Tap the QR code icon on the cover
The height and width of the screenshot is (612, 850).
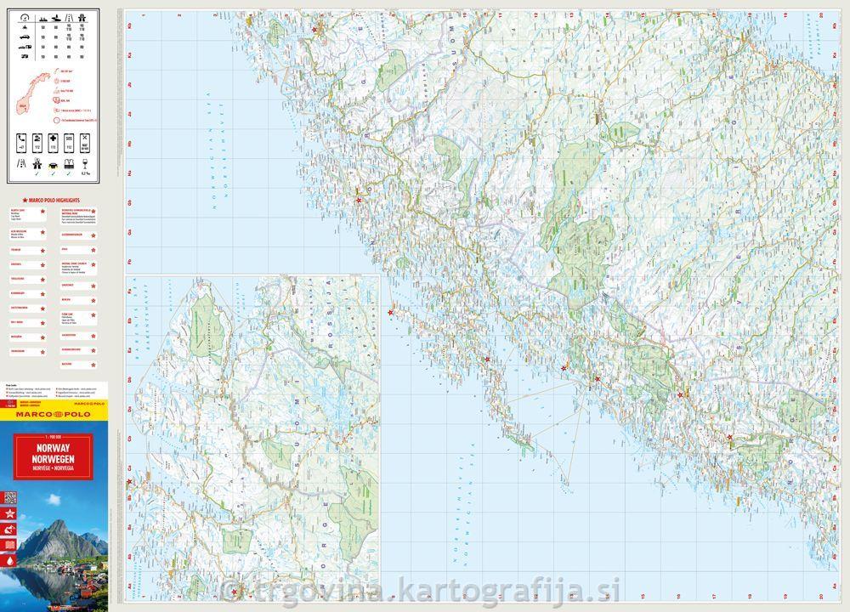coord(10,529)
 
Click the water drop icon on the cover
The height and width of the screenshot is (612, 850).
coord(10,561)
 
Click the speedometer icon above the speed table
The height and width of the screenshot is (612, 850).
coord(23,18)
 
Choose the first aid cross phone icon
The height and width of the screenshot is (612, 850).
coord(54,142)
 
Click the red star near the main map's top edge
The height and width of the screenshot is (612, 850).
coord(315,30)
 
